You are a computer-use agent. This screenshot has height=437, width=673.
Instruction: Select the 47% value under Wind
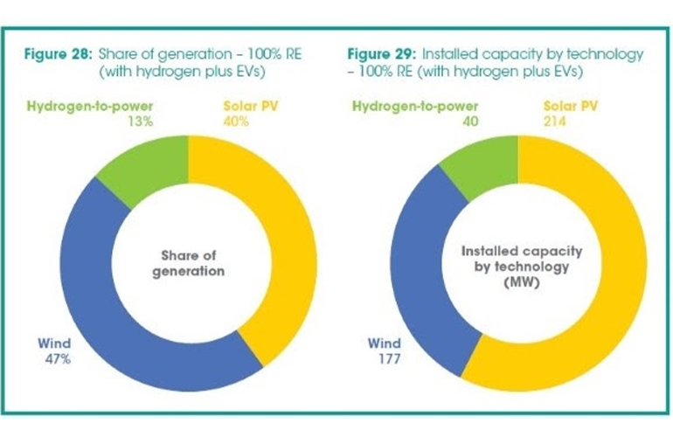pos(52,358)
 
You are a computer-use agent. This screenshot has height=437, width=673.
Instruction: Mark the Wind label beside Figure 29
pos(377,343)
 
